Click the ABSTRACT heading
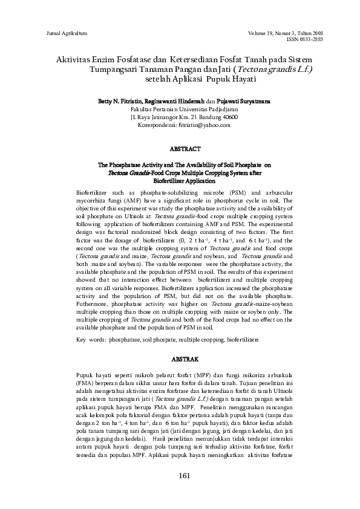coord(180,148)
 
